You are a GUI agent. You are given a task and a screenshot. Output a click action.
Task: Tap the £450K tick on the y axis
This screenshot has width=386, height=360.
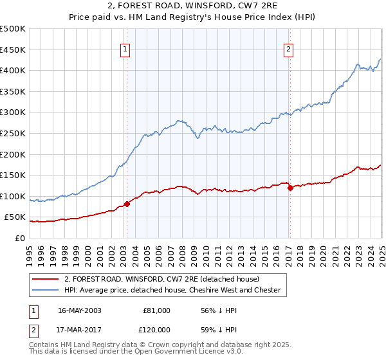(14, 50)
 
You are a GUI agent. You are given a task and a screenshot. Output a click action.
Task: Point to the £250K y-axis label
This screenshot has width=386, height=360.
(14, 133)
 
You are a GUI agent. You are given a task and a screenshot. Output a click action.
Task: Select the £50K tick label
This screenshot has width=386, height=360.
(16, 217)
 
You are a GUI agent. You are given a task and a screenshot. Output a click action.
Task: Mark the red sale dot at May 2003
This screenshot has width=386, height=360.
(127, 204)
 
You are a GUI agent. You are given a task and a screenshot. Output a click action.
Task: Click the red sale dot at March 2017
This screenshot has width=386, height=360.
(290, 188)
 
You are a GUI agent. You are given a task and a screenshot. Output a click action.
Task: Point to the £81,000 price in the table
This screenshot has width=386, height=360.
(156, 310)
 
